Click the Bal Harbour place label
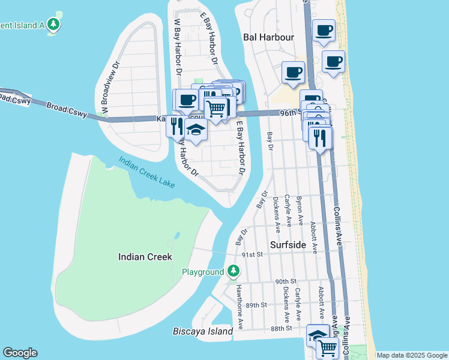pyautogui.click(x=268, y=37)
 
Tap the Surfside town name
pyautogui.click(x=288, y=245)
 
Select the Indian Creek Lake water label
pyautogui.click(x=147, y=172)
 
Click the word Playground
pyautogui.click(x=203, y=272)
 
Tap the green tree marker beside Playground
pyautogui.click(x=234, y=272)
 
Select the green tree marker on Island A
pyautogui.click(x=54, y=25)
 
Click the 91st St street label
pyautogui.click(x=253, y=254)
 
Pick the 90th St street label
pyautogui.click(x=286, y=281)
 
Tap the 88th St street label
pyautogui.click(x=280, y=328)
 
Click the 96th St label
pyautogui.click(x=290, y=112)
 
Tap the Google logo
pyautogui.click(x=20, y=353)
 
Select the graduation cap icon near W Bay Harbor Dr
pyautogui.click(x=196, y=129)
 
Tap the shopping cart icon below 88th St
pyautogui.click(x=327, y=347)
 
